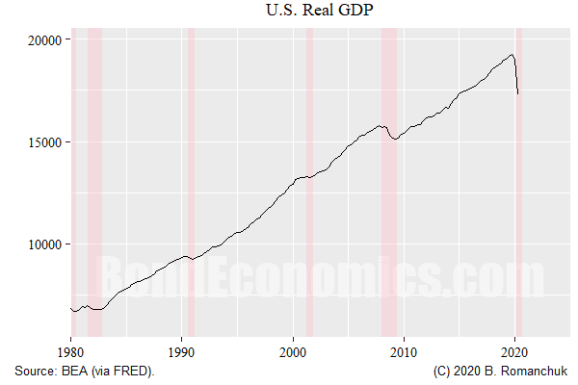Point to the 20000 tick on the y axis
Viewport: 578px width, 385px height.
pyautogui.click(x=43, y=39)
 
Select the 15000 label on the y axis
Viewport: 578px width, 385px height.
pyautogui.click(x=43, y=141)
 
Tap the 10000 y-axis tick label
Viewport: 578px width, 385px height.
pyautogui.click(x=43, y=244)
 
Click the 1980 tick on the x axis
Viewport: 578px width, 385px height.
pyautogui.click(x=70, y=352)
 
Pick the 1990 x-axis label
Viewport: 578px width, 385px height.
pyautogui.click(x=182, y=352)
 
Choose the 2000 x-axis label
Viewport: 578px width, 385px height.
pyautogui.click(x=293, y=352)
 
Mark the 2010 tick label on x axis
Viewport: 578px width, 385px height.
pyautogui.click(x=404, y=352)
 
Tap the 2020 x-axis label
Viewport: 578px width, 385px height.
pyautogui.click(x=514, y=352)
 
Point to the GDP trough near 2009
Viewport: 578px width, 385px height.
pyautogui.click(x=394, y=140)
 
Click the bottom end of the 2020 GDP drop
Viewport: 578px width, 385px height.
pyautogui.click(x=518, y=93)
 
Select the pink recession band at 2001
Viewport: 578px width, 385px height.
pyautogui.click(x=309, y=192)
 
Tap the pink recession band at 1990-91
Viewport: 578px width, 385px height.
pyautogui.click(x=191, y=192)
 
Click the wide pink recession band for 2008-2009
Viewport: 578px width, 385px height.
pyautogui.click(x=389, y=192)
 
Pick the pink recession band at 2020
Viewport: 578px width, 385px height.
pyautogui.click(x=518, y=192)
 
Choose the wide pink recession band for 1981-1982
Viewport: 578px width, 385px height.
pyautogui.click(x=94, y=192)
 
